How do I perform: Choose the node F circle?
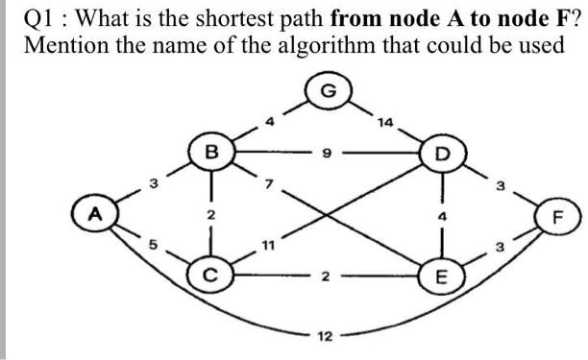(562, 216)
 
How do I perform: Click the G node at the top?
(328, 93)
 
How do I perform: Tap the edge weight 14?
(386, 122)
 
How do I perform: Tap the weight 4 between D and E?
(443, 217)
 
